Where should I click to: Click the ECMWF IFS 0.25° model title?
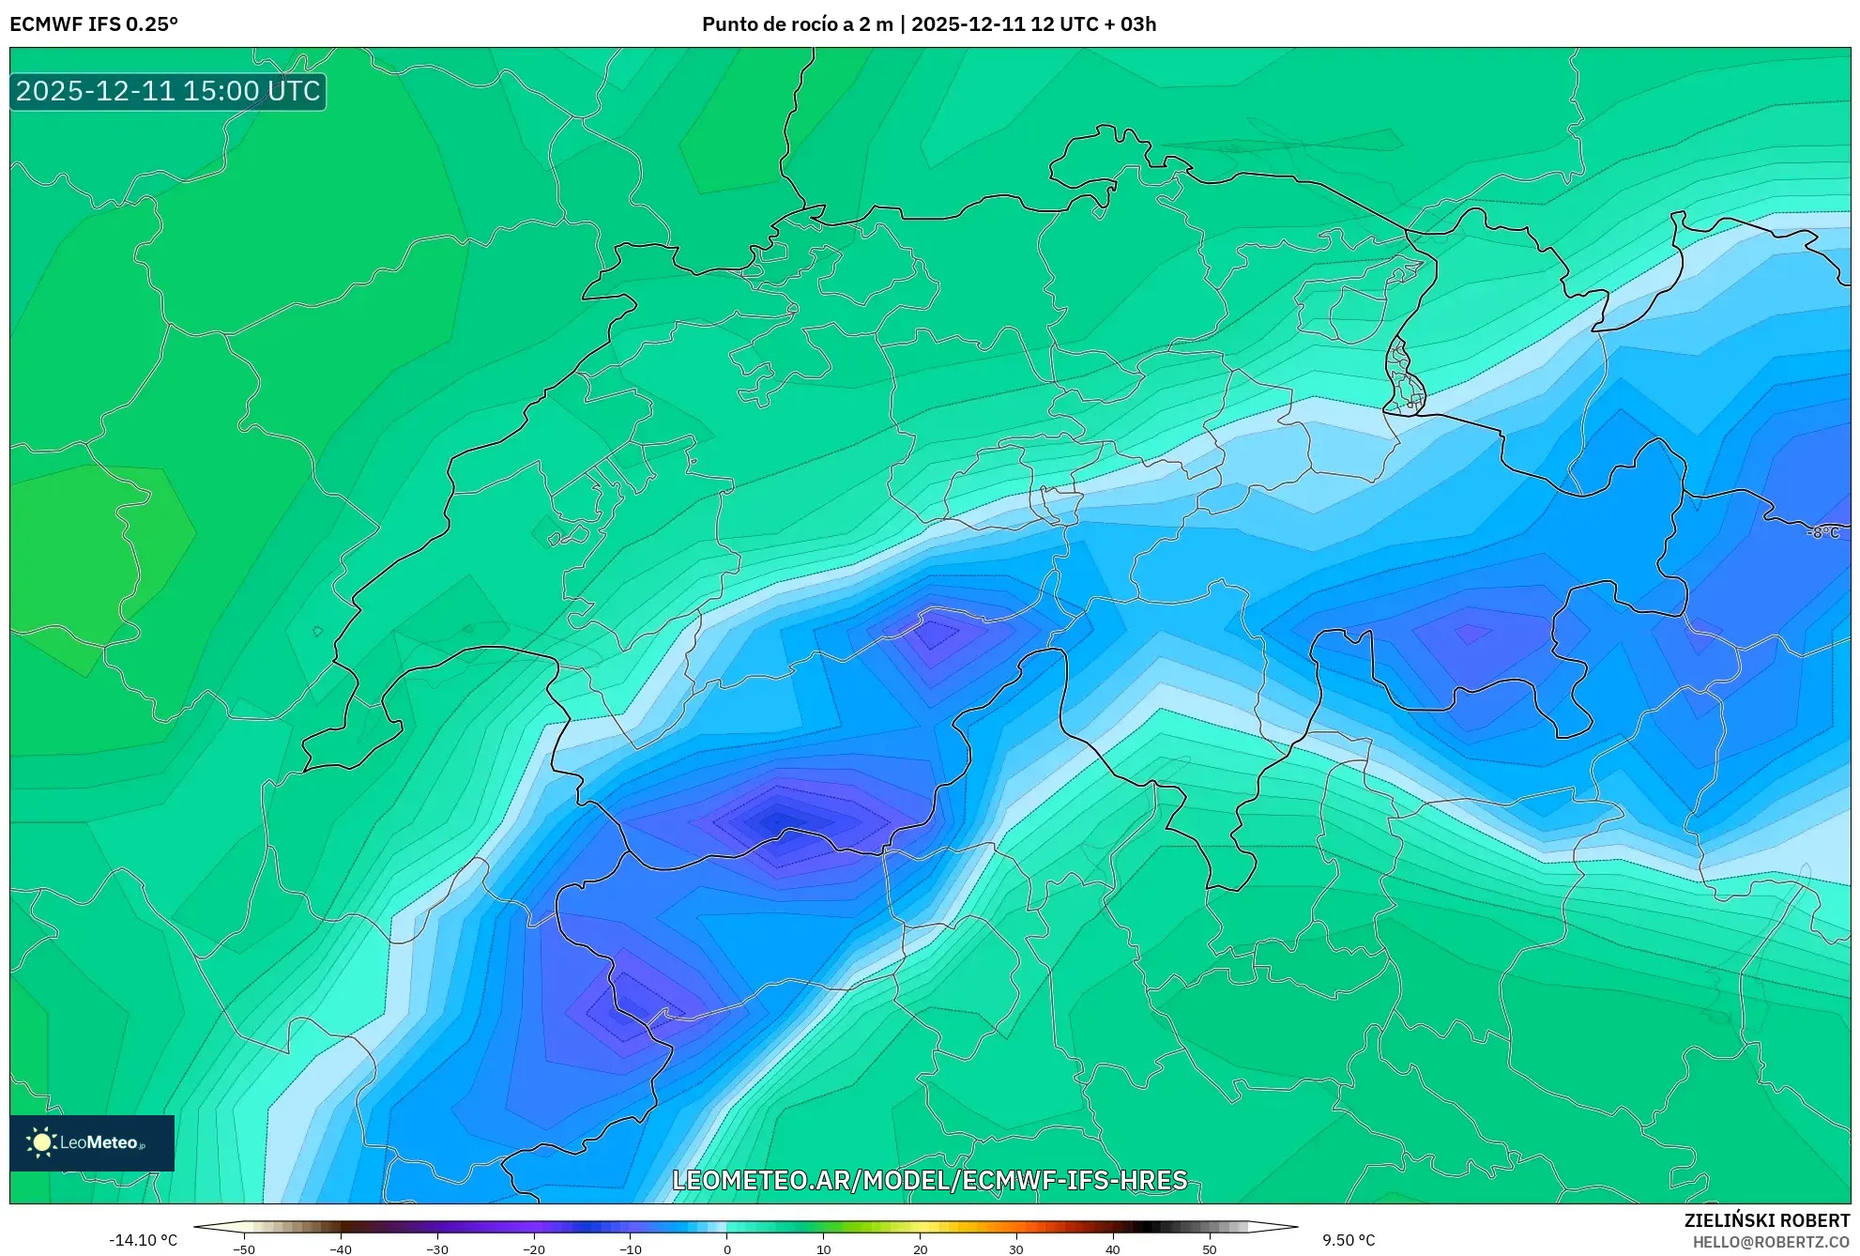(94, 24)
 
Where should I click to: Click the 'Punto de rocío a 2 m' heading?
(797, 24)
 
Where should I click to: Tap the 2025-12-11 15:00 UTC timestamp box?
(168, 91)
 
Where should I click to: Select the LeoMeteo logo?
(92, 1142)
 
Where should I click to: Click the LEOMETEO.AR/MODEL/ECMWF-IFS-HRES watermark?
(930, 1180)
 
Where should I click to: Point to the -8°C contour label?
(1823, 532)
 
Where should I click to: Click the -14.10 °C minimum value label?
(143, 1240)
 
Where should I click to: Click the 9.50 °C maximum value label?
(1349, 1240)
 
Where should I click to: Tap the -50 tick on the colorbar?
(244, 1249)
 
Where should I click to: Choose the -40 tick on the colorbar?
(341, 1249)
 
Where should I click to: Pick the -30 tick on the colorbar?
(437, 1249)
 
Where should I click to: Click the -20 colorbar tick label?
(534, 1249)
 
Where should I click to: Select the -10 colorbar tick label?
(631, 1249)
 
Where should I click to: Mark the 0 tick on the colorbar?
(727, 1249)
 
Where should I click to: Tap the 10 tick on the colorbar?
(824, 1249)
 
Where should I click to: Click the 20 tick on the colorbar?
(921, 1249)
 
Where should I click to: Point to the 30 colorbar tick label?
(1016, 1249)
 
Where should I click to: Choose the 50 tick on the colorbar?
(1210, 1249)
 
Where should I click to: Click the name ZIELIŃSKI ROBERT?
(1767, 1220)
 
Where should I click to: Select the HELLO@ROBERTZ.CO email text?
(1771, 1242)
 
